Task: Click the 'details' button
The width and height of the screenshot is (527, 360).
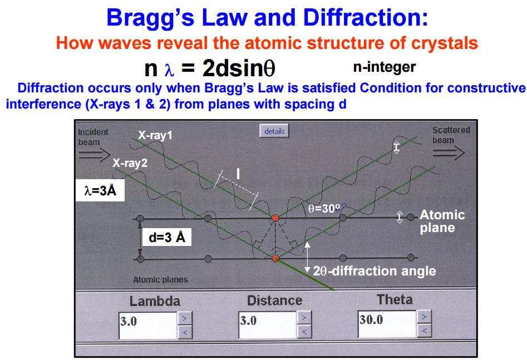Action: point(274,131)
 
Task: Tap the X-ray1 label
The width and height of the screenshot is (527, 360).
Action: point(155,135)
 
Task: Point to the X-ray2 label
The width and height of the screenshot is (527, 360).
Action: point(130,163)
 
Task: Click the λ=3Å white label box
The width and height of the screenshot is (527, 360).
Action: point(100,190)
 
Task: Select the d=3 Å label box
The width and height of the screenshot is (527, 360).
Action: point(167,237)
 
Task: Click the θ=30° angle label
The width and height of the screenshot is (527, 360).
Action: point(324,209)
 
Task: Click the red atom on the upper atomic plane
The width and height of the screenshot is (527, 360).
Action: point(275,218)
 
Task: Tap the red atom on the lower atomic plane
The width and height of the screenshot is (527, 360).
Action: point(275,259)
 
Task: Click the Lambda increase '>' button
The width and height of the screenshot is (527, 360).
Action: point(185,318)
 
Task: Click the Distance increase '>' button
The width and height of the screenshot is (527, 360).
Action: point(304,317)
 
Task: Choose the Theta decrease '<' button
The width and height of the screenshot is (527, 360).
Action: point(424,331)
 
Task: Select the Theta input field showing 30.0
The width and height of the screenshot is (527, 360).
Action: point(387,324)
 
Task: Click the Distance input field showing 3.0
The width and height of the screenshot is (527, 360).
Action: point(268,325)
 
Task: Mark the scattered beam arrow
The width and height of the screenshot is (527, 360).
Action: point(449,153)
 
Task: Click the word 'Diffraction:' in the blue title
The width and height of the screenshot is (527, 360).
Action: point(366,17)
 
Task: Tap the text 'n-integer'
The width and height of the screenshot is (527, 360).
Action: point(385,67)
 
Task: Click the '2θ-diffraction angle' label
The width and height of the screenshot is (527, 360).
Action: point(375,271)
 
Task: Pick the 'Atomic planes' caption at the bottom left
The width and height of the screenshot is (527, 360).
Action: point(160,279)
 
